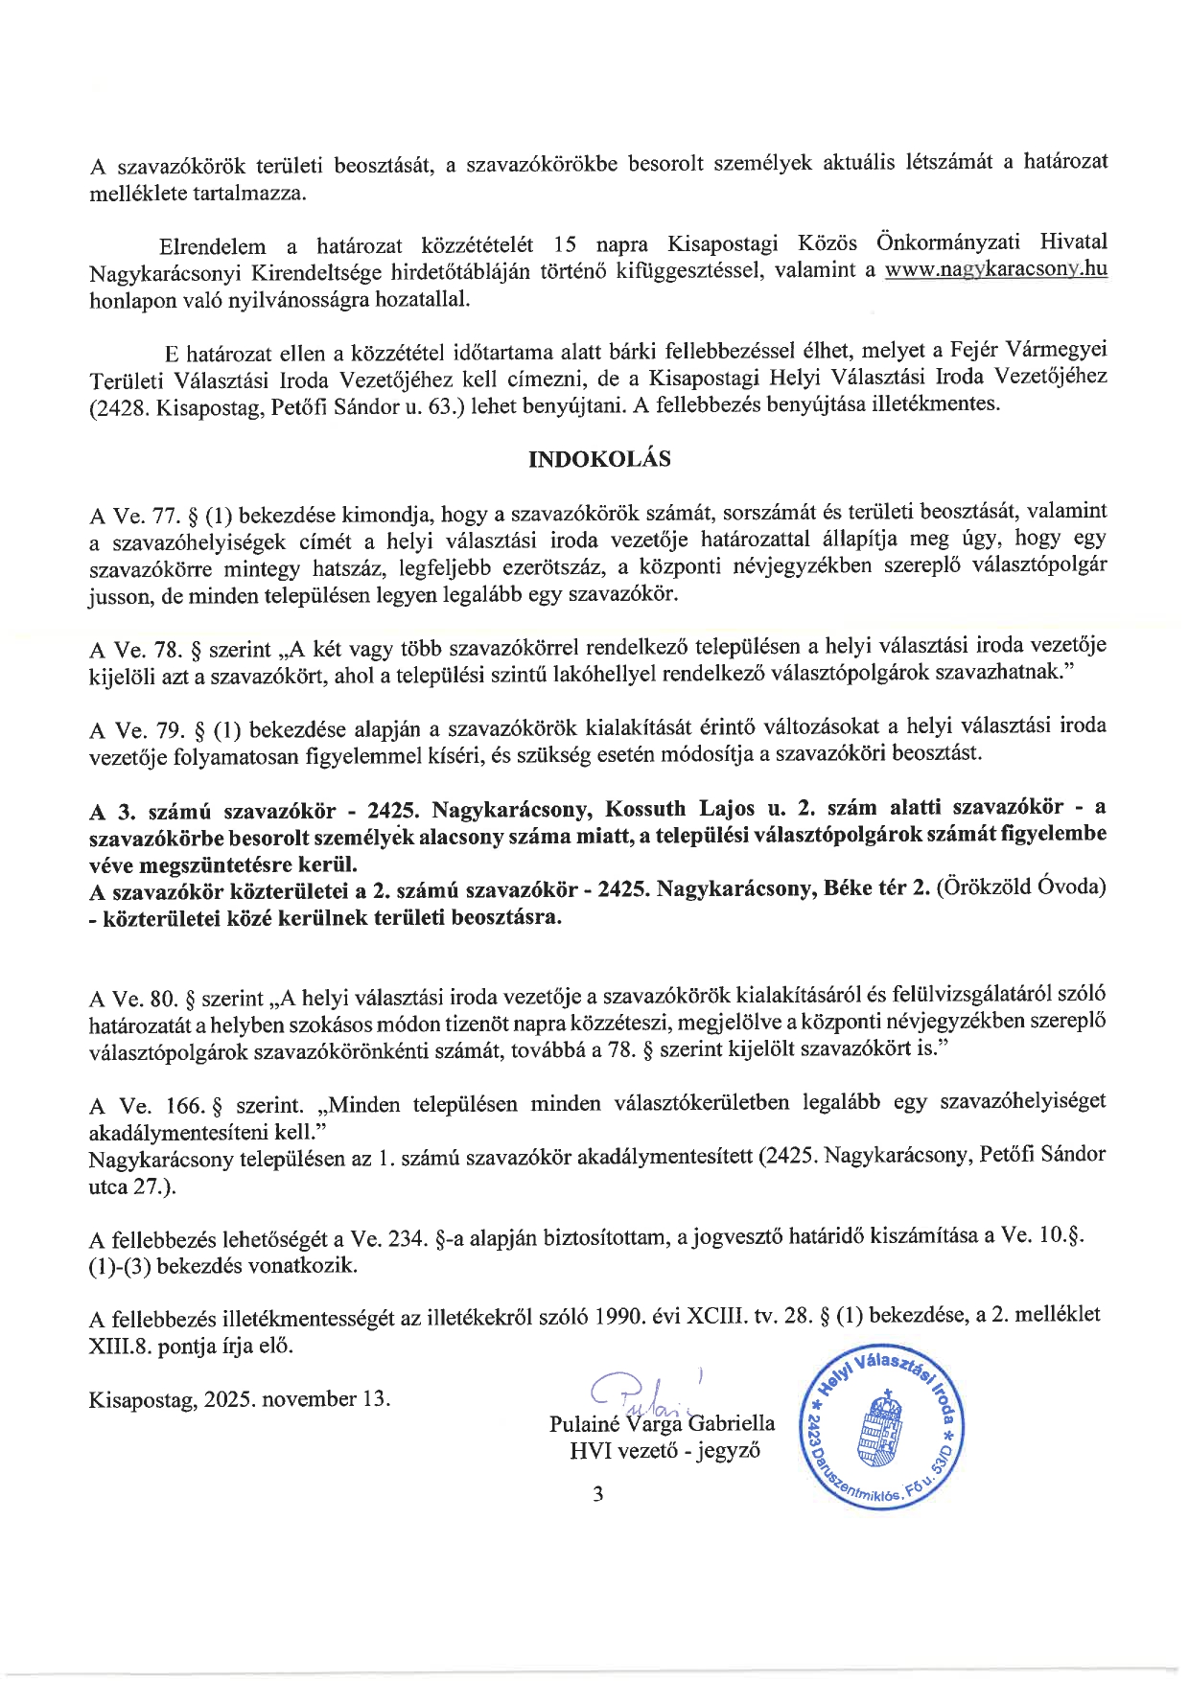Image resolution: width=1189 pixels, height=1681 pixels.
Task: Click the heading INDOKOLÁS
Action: coord(599,459)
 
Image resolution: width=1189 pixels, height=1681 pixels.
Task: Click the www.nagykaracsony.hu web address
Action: coord(995,269)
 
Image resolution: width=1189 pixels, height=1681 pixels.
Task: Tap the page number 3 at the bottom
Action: coord(598,1493)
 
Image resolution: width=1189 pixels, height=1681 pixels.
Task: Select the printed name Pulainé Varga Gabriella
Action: coord(662,1423)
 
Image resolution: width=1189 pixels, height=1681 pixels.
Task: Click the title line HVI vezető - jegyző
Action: coord(664,1450)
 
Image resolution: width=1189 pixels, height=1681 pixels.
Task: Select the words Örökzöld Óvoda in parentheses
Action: coord(1022,887)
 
